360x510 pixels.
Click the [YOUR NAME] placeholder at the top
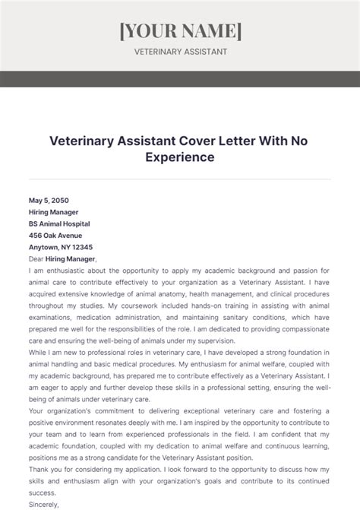(x=180, y=30)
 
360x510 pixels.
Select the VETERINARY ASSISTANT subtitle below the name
(x=180, y=52)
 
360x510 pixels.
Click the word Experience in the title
(x=180, y=157)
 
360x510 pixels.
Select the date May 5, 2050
(x=47, y=201)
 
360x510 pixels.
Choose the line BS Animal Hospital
(x=59, y=224)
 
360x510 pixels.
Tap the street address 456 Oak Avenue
(x=55, y=236)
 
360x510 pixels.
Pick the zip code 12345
(x=81, y=247)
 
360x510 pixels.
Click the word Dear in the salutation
(x=37, y=258)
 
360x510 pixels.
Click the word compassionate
(x=301, y=329)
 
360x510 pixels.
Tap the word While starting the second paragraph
(x=39, y=353)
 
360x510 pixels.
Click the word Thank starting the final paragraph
(x=39, y=469)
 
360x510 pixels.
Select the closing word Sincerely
(x=44, y=504)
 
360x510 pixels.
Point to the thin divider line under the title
(x=180, y=179)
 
